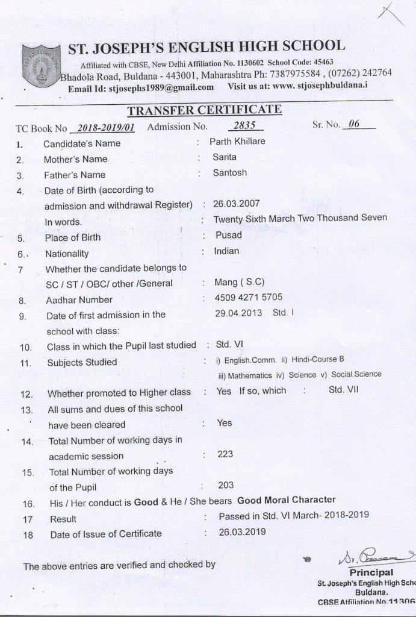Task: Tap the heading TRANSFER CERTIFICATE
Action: [204, 109]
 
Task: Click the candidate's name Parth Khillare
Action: [237, 142]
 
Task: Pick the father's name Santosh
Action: [229, 172]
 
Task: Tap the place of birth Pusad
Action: [228, 234]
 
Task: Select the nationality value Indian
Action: [226, 251]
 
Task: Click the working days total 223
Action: [225, 454]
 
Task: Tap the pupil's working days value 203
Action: [225, 484]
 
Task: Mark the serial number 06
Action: [354, 125]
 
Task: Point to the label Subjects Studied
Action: [82, 362]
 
